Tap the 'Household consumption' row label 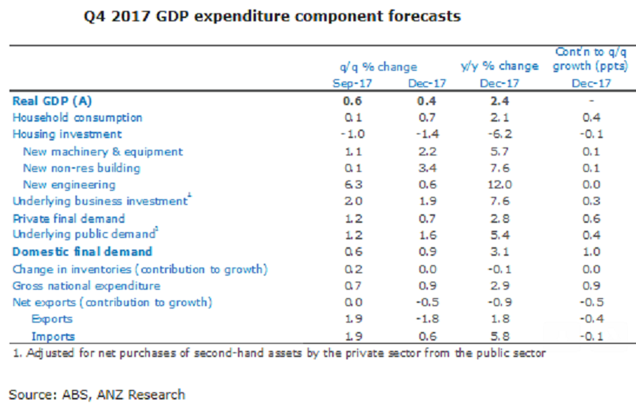click(77, 118)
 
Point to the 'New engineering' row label click(69, 184)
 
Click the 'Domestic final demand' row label click(82, 252)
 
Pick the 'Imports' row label click(53, 336)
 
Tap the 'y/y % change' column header click(499, 66)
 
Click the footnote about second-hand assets click(279, 353)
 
